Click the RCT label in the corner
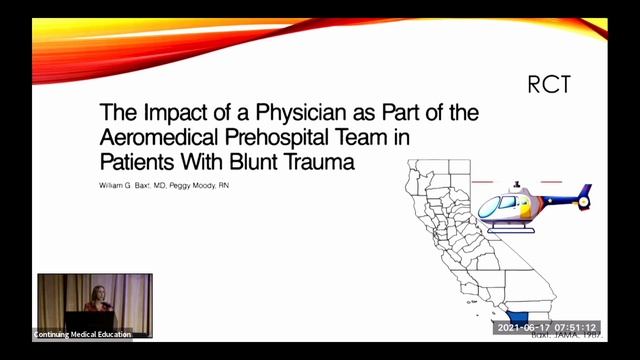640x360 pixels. coord(549,85)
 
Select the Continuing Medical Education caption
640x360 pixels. coord(82,334)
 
